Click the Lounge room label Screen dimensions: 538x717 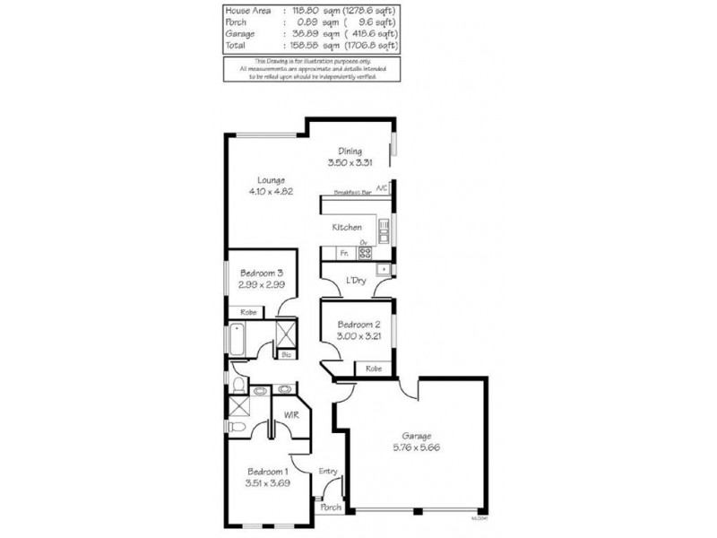click(x=272, y=180)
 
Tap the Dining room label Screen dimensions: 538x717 click(x=350, y=151)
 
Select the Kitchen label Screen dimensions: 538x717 click(x=347, y=228)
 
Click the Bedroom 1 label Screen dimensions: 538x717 click(x=267, y=472)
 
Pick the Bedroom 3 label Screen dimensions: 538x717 click(x=262, y=273)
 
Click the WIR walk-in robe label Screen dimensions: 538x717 click(x=291, y=415)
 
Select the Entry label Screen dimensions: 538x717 click(x=327, y=472)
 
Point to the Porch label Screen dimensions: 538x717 click(x=331, y=508)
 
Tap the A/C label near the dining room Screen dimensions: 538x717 click(x=382, y=188)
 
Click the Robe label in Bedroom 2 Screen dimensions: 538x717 click(x=373, y=369)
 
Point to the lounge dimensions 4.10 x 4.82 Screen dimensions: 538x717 click(x=272, y=192)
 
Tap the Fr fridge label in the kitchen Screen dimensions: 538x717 click(x=343, y=254)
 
